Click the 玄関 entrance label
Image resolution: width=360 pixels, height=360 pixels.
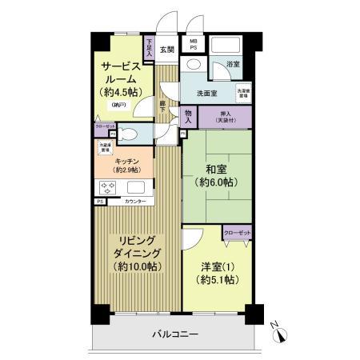166,49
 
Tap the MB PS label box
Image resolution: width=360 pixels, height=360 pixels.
194,46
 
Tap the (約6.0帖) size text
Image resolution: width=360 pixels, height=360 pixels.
215,185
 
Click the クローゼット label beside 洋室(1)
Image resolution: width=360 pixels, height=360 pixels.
238,233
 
